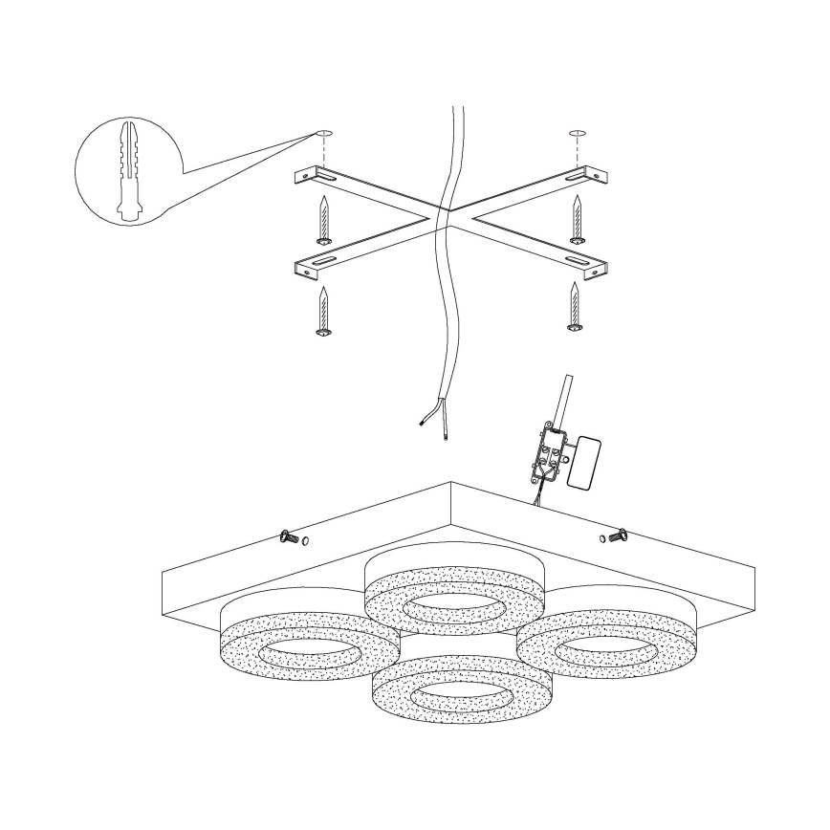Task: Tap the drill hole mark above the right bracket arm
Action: click(x=576, y=131)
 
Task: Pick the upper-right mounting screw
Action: click(x=577, y=219)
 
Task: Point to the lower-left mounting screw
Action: click(x=323, y=312)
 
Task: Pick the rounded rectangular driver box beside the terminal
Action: click(x=584, y=462)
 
